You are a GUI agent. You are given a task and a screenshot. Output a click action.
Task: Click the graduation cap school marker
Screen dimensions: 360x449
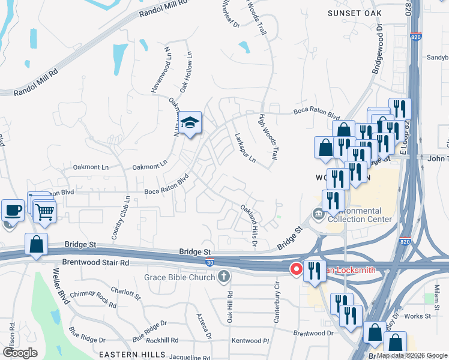tap(190, 124)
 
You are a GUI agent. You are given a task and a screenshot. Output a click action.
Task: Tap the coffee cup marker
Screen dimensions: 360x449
tap(12, 211)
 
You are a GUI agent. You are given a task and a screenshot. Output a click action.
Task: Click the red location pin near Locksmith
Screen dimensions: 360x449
tap(296, 269)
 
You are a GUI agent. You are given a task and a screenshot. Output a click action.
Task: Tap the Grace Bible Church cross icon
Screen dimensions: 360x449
tap(224, 277)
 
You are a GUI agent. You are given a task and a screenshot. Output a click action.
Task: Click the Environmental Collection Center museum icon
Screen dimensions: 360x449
tap(316, 213)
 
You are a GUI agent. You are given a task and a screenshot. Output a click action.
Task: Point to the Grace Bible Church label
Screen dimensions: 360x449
tap(179, 277)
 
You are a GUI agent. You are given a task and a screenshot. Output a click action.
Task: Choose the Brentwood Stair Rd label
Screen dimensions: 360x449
tap(95, 263)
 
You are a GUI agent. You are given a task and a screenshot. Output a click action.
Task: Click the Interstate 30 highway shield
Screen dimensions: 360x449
tap(209, 262)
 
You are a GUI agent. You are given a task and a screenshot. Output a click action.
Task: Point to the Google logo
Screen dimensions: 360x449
tap(20, 352)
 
